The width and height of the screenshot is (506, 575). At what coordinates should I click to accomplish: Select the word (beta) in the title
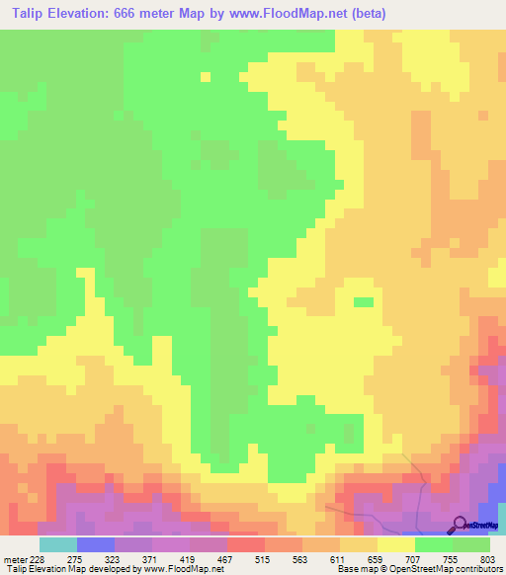(364, 14)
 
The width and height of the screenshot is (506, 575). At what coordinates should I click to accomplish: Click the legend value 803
(485, 558)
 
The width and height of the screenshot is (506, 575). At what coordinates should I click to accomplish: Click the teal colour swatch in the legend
(57, 544)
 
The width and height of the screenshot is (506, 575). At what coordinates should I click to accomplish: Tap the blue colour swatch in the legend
(95, 544)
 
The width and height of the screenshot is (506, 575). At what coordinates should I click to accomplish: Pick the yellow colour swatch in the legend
(395, 544)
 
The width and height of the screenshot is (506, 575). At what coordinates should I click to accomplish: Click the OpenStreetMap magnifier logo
(460, 524)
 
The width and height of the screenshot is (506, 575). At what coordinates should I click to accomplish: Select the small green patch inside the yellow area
(364, 301)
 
